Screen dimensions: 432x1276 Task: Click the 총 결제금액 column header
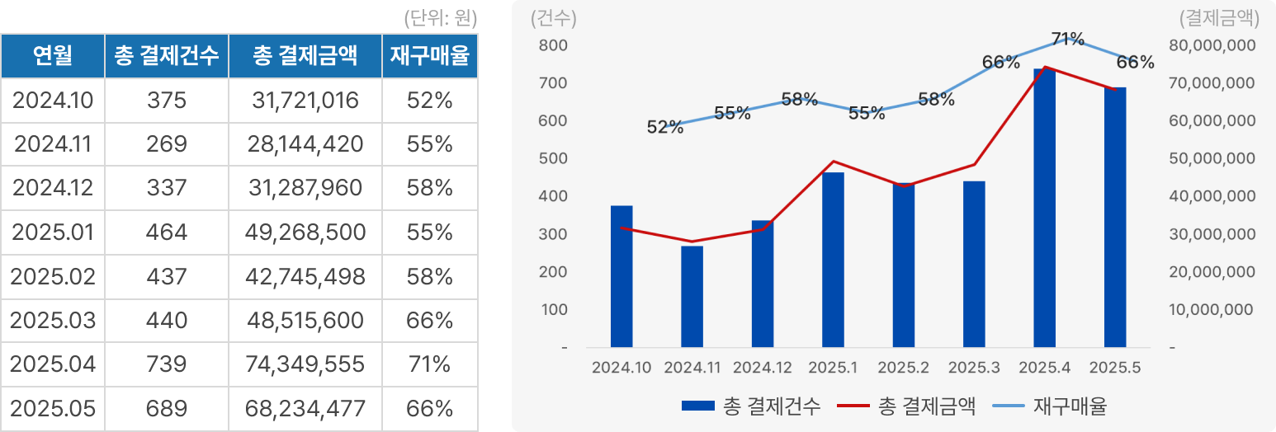click(x=305, y=56)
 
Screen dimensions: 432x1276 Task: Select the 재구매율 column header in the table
click(x=429, y=56)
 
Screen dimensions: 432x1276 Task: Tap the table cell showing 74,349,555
click(x=305, y=364)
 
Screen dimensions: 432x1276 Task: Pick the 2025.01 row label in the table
click(x=53, y=232)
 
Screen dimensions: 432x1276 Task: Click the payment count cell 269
click(x=167, y=145)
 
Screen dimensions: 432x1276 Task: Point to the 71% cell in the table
click(x=429, y=364)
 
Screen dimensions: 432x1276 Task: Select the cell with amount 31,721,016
click(x=305, y=101)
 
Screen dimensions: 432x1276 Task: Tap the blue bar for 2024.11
click(x=692, y=297)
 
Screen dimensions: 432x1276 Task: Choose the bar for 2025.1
click(x=833, y=260)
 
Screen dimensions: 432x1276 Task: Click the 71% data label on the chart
click(x=1067, y=38)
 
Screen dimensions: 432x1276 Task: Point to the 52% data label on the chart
click(x=665, y=127)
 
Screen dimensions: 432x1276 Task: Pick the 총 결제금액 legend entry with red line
click(x=908, y=406)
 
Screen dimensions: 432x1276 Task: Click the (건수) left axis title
click(x=554, y=17)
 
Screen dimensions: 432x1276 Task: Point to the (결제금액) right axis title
click(x=1219, y=17)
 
